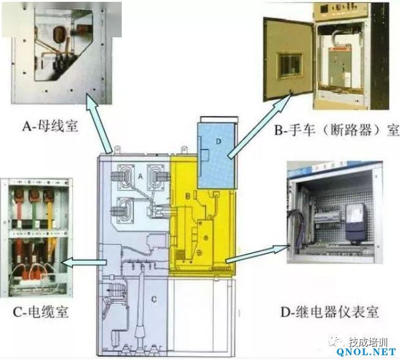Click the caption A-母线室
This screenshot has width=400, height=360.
(50, 126)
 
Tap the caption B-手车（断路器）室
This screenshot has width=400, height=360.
(336, 130)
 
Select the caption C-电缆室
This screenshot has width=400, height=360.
(40, 312)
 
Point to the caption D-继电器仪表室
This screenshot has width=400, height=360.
(329, 312)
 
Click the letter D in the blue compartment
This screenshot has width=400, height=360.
(218, 141)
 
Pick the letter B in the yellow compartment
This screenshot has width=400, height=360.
(188, 196)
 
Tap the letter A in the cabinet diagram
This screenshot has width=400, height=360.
(140, 176)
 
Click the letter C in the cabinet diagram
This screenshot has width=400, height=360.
(154, 299)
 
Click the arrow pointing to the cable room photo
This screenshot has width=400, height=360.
(84, 263)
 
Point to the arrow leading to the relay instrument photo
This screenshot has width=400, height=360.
(257, 254)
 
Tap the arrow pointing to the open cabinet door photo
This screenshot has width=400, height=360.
(260, 126)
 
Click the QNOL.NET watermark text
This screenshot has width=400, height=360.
(366, 352)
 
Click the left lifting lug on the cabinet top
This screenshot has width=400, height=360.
(117, 149)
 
